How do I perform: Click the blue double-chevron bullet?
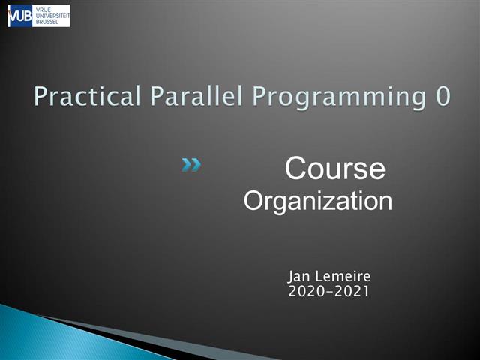pos(191,165)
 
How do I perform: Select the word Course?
pos(335,169)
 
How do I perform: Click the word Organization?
pos(318,201)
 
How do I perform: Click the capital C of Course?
pos(296,169)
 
